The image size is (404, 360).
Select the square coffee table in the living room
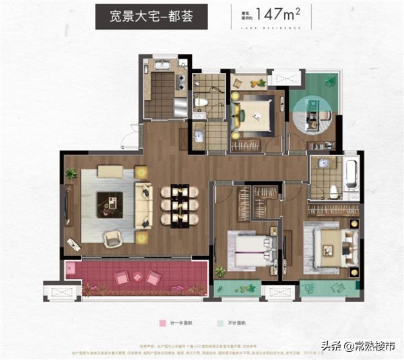tap(109, 204)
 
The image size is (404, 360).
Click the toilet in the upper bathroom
tap(202, 102)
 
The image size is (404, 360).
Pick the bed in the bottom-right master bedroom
tap(330, 243)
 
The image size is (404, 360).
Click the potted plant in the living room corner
tap(71, 173)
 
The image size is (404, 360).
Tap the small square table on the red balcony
tap(137, 276)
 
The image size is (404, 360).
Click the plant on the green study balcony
tap(330, 82)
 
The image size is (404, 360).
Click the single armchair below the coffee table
tap(112, 237)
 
